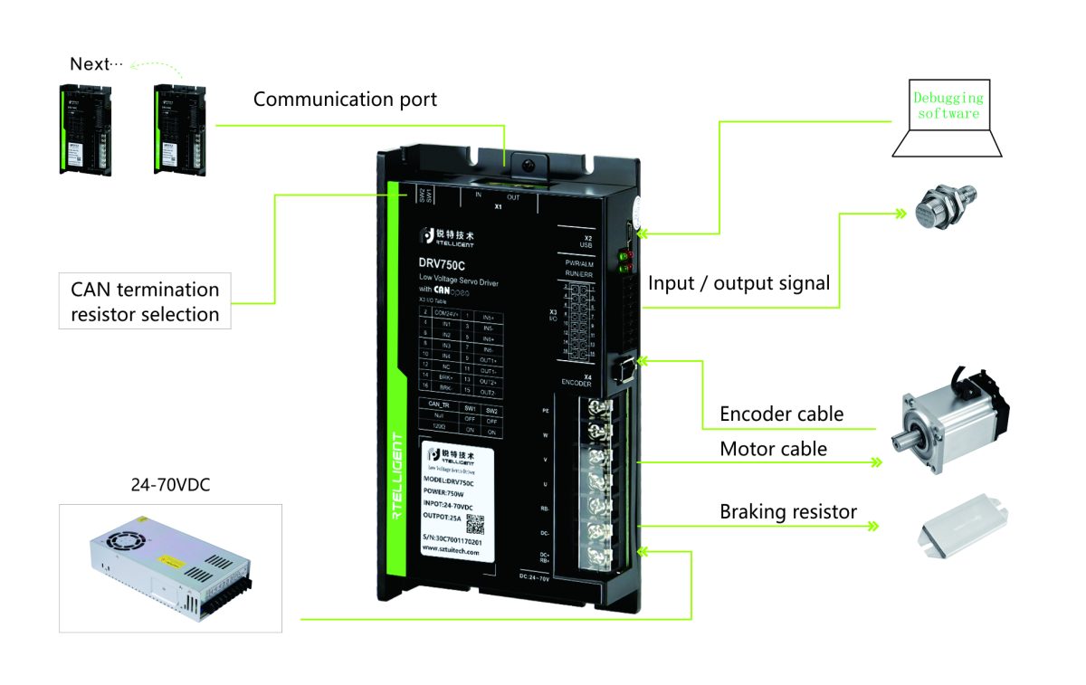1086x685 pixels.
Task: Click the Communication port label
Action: tap(345, 100)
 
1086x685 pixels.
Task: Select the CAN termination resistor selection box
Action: tap(145, 302)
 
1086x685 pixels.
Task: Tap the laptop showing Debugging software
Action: tap(946, 118)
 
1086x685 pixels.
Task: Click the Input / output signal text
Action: tap(738, 283)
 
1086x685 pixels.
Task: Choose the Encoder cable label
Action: tap(781, 414)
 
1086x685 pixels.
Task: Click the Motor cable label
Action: tap(773, 449)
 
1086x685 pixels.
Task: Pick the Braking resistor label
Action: tap(787, 512)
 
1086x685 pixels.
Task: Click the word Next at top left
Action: tap(89, 64)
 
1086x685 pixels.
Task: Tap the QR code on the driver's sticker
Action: tap(475, 526)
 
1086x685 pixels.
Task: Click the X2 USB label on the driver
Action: tap(586, 241)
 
